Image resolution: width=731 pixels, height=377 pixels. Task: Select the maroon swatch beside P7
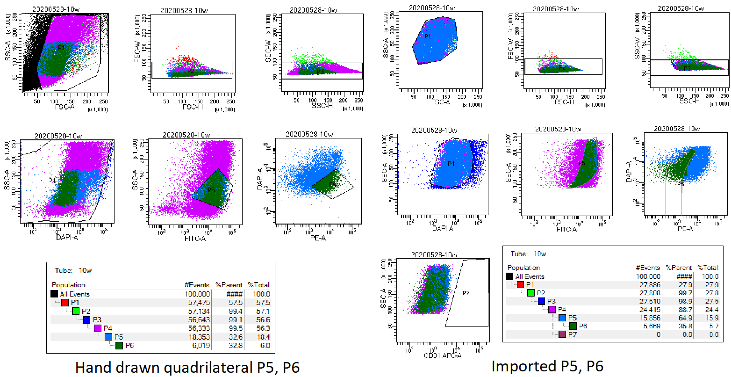(x=562, y=335)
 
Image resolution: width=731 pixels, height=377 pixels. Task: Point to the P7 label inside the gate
(x=466, y=293)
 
